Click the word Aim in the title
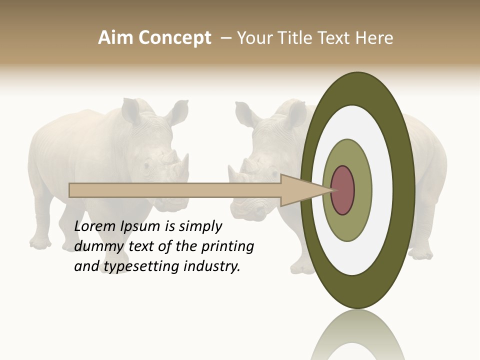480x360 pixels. [x=116, y=38]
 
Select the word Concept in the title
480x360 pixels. [x=174, y=38]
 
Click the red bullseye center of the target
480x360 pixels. [x=343, y=190]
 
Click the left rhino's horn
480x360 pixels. [x=183, y=162]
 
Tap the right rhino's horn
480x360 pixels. [x=232, y=172]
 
